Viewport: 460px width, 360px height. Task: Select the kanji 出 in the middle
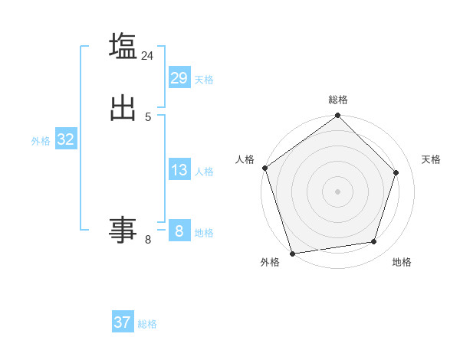[123, 108]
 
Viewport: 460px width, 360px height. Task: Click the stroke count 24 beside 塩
[148, 56]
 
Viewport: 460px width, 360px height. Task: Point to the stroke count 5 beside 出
[148, 116]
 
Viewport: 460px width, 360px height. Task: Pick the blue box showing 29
[179, 77]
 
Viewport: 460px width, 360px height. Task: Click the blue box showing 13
[179, 170]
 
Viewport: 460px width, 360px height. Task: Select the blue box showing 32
[65, 139]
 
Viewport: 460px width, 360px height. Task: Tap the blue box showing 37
[123, 322]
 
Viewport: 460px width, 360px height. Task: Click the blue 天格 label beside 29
[204, 80]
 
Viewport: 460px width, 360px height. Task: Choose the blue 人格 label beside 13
[204, 172]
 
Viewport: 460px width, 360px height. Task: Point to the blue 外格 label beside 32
[41, 141]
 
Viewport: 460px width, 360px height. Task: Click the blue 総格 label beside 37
[147, 324]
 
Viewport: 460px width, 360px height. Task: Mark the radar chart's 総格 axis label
[338, 100]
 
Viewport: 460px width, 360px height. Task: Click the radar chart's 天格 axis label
[431, 159]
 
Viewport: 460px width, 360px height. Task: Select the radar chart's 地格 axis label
[402, 262]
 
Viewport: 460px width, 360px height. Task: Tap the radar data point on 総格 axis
[338, 116]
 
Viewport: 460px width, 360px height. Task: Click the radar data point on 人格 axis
[265, 168]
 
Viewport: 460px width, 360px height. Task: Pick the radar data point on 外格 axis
[292, 253]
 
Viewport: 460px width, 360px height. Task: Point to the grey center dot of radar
[338, 191]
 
